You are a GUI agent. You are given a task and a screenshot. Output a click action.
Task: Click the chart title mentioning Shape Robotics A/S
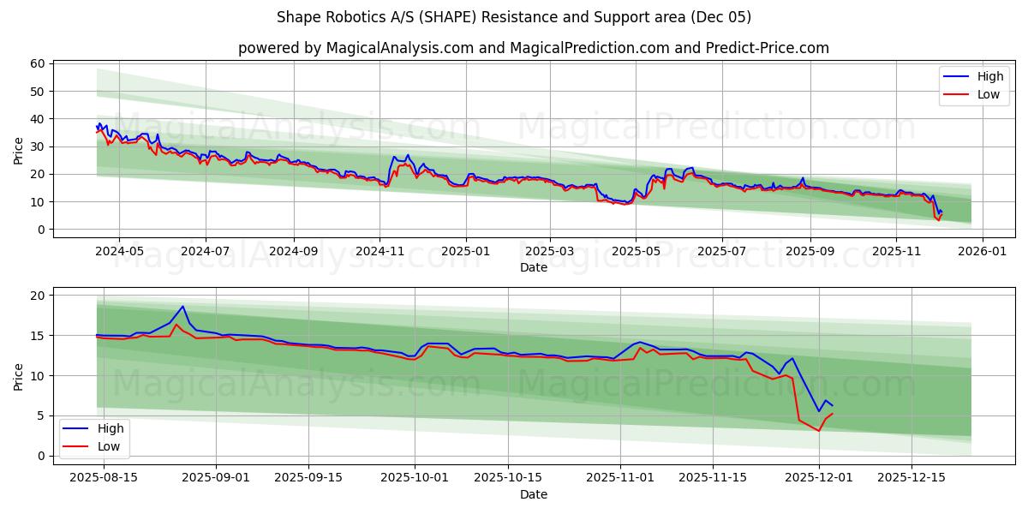click(x=514, y=17)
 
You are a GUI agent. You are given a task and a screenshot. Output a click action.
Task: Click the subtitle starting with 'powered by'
click(x=533, y=48)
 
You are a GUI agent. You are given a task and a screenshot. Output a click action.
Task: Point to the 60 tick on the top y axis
click(x=38, y=63)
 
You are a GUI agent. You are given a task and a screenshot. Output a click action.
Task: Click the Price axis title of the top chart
click(x=19, y=150)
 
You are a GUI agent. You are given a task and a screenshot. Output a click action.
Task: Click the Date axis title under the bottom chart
click(x=533, y=494)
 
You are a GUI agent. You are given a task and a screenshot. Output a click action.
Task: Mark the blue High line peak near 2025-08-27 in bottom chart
click(x=182, y=307)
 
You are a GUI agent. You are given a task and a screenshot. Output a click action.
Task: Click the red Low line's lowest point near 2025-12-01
click(x=818, y=430)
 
